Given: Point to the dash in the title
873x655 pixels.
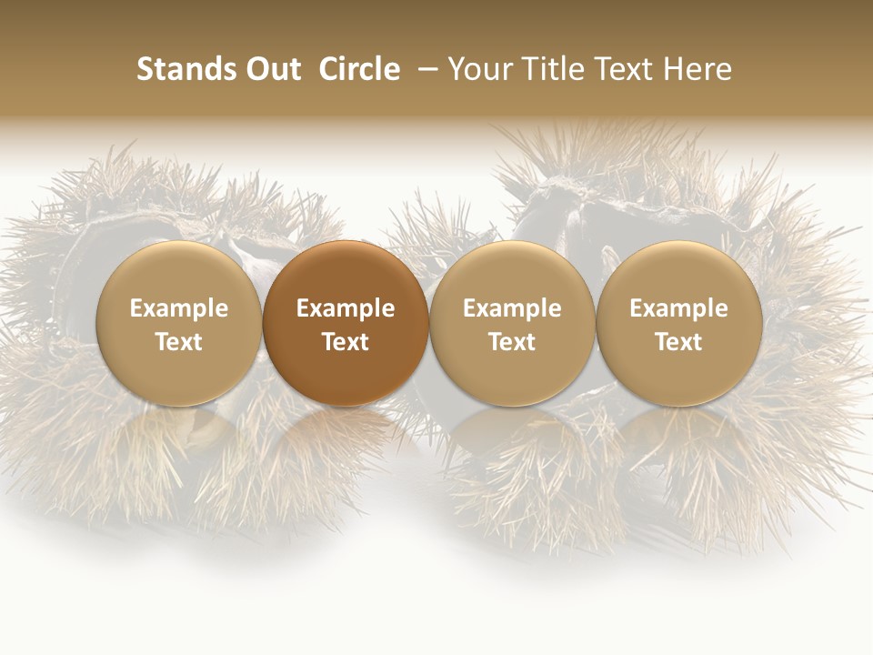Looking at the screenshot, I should [x=426, y=70].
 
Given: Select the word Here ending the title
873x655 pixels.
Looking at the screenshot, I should [x=700, y=69].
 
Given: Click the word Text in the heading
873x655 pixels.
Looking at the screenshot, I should [x=628, y=69].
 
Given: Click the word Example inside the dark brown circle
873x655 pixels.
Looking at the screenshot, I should [x=346, y=308].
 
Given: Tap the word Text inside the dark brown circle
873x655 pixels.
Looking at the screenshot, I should [x=346, y=342].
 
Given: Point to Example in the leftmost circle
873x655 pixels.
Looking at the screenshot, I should [x=179, y=308].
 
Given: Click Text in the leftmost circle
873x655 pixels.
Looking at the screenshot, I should [x=179, y=342].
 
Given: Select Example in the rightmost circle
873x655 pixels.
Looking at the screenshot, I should [x=678, y=308].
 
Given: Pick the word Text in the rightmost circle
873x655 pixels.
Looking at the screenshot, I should [x=678, y=342].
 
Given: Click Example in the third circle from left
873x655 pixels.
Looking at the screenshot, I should [x=512, y=308].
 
